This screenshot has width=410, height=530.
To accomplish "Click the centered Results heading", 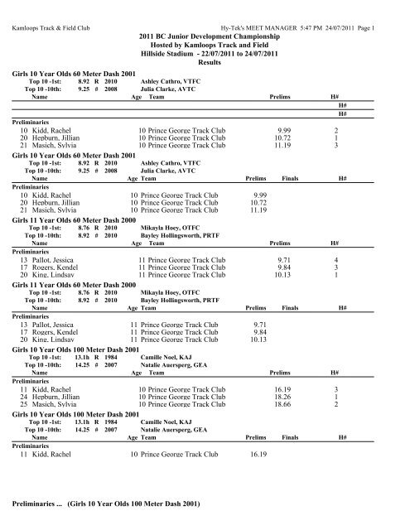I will (x=205, y=62).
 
